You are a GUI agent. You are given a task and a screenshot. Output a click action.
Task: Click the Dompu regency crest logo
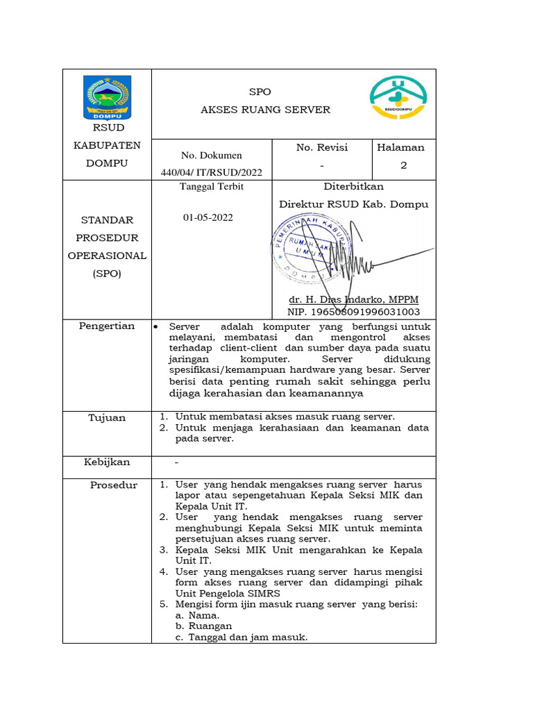click(106, 97)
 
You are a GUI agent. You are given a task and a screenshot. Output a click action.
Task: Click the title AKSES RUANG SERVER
click(265, 110)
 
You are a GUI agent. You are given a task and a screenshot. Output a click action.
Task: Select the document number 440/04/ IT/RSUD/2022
click(211, 172)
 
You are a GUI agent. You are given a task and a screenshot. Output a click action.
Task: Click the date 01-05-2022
click(208, 217)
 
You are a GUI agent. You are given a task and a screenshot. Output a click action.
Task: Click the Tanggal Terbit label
click(212, 187)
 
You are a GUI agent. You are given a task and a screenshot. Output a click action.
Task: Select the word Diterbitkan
click(353, 187)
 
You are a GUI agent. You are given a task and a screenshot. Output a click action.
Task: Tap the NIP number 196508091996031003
click(353, 312)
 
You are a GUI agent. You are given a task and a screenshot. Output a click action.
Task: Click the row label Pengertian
click(107, 326)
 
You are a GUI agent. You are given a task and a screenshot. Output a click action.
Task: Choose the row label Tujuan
click(107, 417)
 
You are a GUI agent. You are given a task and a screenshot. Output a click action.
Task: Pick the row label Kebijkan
click(107, 462)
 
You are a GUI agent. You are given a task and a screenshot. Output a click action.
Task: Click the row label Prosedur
click(114, 485)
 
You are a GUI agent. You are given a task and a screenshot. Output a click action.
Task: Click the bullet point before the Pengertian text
click(155, 326)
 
